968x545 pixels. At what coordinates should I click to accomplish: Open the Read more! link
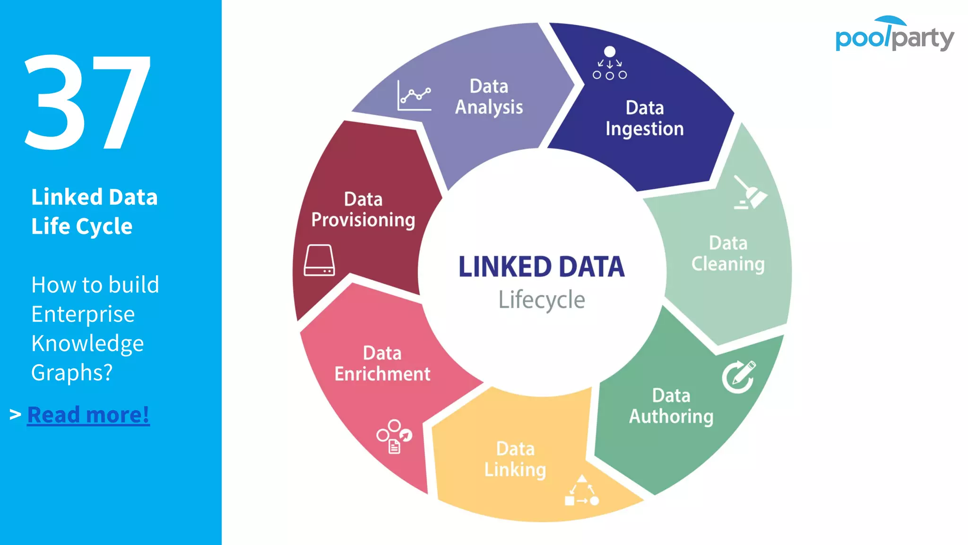click(x=88, y=415)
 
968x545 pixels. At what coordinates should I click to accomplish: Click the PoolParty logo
click(x=894, y=35)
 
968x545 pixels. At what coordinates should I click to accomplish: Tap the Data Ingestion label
click(x=645, y=118)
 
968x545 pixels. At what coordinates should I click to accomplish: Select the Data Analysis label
click(x=489, y=97)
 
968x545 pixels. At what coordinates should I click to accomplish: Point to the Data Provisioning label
click(x=363, y=210)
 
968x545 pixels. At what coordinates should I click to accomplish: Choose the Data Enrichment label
click(x=382, y=363)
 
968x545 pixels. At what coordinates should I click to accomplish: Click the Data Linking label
click(x=515, y=459)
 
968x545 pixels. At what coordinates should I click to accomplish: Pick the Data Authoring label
click(x=671, y=406)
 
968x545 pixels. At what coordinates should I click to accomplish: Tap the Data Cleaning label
click(x=728, y=254)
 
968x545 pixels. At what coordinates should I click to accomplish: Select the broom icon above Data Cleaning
click(x=750, y=193)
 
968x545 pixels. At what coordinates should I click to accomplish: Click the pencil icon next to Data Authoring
click(x=739, y=377)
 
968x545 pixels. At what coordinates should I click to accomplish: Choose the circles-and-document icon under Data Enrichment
click(x=394, y=436)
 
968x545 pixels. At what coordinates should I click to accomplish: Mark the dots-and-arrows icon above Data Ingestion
click(x=610, y=63)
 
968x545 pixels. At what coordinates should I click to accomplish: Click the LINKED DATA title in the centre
click(x=542, y=267)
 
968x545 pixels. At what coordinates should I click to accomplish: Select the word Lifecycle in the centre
click(x=542, y=300)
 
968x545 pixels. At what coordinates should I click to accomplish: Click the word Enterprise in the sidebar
click(x=83, y=314)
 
